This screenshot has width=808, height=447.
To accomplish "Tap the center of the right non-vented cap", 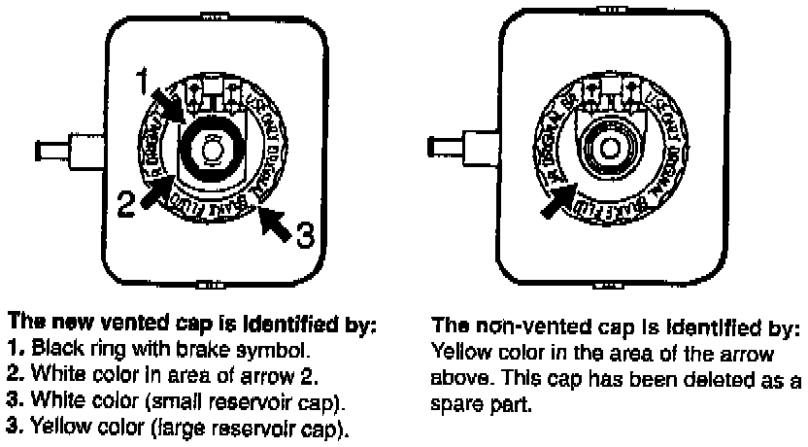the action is point(609,148).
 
